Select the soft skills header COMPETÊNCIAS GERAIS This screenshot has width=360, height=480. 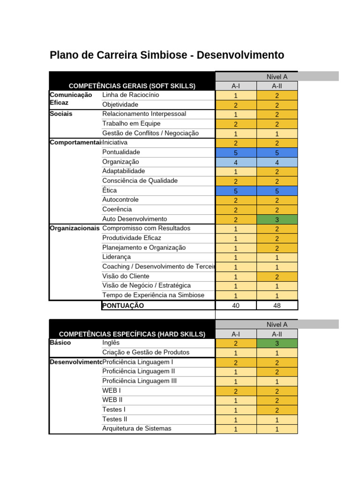click(x=132, y=86)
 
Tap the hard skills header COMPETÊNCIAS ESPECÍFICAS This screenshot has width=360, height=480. click(x=132, y=334)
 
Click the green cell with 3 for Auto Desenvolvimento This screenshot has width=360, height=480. click(x=277, y=219)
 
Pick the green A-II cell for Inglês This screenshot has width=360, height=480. click(x=277, y=343)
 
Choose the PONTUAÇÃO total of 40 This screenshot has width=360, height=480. click(x=236, y=306)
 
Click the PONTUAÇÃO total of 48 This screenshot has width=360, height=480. click(x=277, y=306)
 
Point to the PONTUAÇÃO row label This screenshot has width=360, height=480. click(x=123, y=306)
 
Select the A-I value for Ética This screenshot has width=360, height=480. click(x=236, y=191)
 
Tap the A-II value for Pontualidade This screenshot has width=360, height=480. click(x=277, y=153)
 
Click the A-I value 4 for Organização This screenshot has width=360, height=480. click(x=236, y=162)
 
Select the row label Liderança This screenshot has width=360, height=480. click(x=117, y=257)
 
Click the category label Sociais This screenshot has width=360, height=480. click(x=61, y=114)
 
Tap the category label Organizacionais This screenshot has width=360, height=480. click(x=75, y=228)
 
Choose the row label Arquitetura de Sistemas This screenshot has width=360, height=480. click(x=137, y=428)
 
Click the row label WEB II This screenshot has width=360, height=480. click(x=112, y=400)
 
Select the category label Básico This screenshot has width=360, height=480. click(x=60, y=343)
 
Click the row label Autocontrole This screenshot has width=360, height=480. click(x=120, y=200)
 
